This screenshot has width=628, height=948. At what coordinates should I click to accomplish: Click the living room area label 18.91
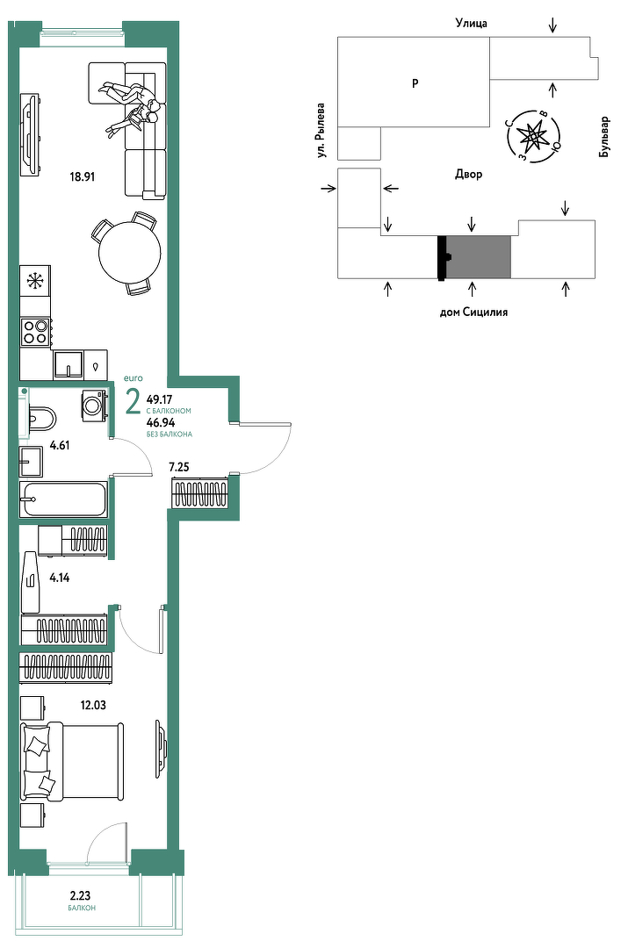(x=83, y=177)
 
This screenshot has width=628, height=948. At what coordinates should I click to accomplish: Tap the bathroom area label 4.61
(x=60, y=446)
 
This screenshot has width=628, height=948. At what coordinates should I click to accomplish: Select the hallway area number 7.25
(x=179, y=467)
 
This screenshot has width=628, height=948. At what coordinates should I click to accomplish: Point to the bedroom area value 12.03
(x=93, y=705)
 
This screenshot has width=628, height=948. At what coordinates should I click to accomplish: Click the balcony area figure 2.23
(x=81, y=896)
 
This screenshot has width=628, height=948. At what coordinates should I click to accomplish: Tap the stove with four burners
(x=35, y=331)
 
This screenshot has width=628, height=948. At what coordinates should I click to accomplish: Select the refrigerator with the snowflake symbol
(x=35, y=281)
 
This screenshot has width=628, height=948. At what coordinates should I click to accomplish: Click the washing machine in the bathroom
(x=94, y=406)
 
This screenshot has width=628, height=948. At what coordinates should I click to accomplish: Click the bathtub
(x=63, y=499)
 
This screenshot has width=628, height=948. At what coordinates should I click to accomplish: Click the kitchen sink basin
(x=68, y=364)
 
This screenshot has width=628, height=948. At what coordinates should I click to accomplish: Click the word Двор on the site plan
(x=469, y=174)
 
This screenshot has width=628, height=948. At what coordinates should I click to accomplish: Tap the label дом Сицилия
(x=473, y=312)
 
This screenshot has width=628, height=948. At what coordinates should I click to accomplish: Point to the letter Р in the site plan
(x=415, y=83)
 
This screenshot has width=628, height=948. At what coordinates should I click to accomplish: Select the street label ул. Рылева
(x=321, y=131)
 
